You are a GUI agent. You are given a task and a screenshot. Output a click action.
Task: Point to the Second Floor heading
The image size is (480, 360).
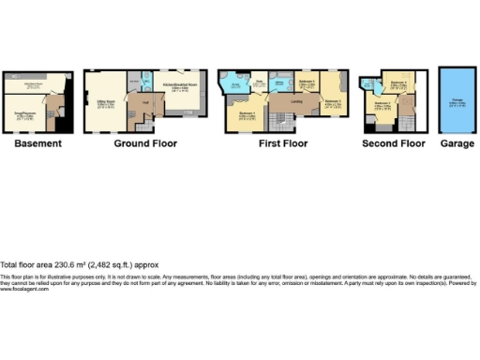pos(394,143)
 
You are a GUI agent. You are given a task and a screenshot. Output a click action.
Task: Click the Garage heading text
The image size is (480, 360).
pos(457,143)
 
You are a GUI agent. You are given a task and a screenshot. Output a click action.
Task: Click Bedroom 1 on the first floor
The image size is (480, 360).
pos(247,116)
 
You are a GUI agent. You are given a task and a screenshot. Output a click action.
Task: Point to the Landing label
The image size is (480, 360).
pos(296,103)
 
